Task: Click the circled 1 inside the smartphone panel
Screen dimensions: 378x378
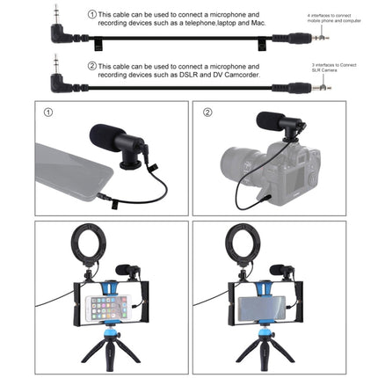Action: [x=48, y=113]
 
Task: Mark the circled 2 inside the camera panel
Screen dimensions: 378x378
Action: [x=207, y=113]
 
